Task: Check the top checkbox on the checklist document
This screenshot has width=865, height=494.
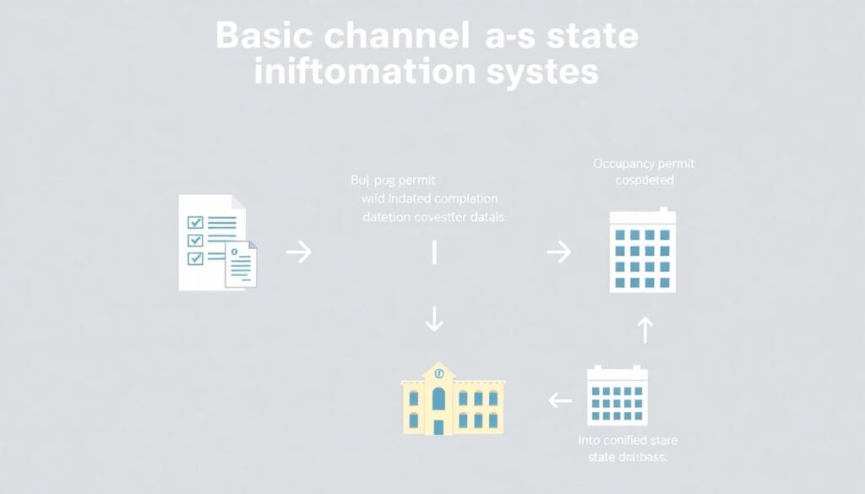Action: point(196,222)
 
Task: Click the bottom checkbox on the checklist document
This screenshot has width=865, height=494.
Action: point(196,258)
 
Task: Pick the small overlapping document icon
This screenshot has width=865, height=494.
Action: point(241,264)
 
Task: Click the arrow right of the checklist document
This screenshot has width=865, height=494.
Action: point(299,252)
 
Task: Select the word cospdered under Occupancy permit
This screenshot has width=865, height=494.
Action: point(645,181)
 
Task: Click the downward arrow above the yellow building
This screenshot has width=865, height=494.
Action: point(434,318)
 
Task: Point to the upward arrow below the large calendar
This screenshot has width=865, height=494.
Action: point(645,329)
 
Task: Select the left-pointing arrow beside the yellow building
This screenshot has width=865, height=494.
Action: point(559,399)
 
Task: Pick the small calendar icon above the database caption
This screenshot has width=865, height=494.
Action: point(617,395)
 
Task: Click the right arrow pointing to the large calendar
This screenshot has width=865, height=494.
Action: point(558,252)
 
